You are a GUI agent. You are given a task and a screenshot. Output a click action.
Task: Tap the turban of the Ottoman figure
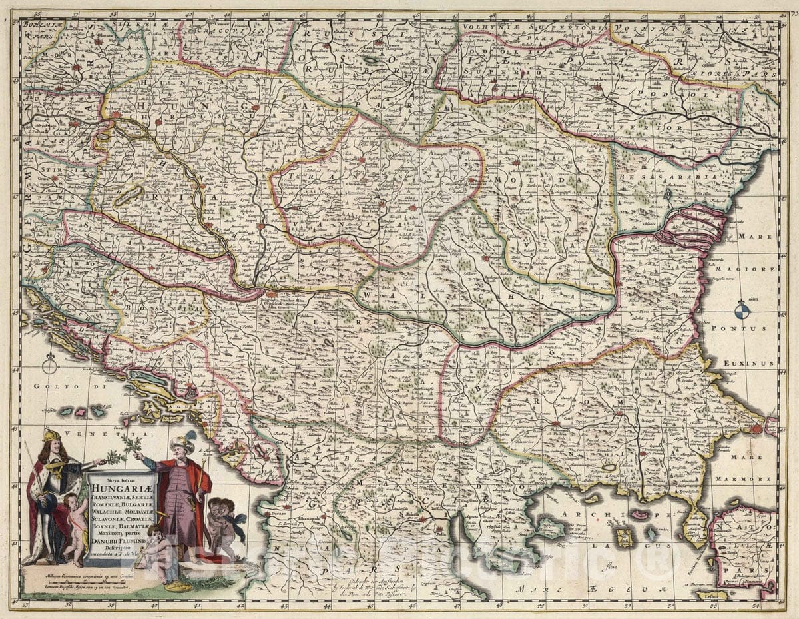181,442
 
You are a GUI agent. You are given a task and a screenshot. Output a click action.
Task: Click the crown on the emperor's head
51,435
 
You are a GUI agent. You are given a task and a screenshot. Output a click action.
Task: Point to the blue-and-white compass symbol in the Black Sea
742,310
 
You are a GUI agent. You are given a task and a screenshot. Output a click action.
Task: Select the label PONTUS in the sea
743,329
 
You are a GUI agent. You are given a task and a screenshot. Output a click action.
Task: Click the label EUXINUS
752,364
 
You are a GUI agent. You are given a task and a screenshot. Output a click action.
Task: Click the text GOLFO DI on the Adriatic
53,386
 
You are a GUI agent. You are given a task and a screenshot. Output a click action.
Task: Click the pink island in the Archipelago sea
640,514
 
